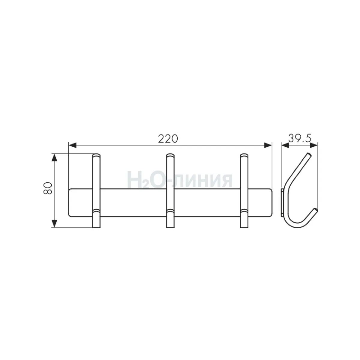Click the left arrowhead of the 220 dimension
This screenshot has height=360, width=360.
[73, 145]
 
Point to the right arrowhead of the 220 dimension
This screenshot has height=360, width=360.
[268, 145]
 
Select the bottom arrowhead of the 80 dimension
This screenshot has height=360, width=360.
[54, 223]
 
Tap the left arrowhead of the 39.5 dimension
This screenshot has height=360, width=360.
[285, 145]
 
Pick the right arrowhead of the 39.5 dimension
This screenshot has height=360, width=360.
[314, 145]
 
